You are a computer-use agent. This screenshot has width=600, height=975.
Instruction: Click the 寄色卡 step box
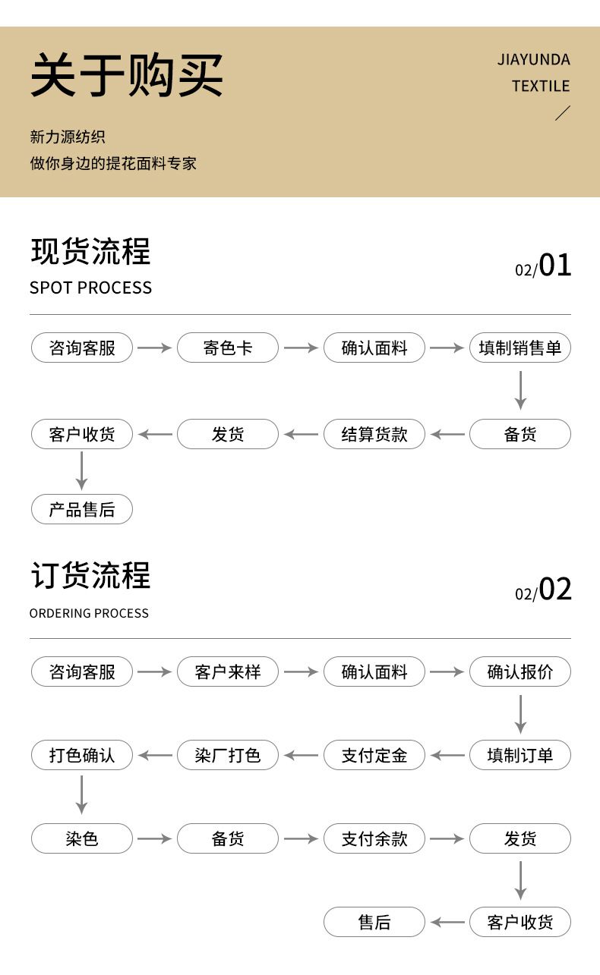point(228,348)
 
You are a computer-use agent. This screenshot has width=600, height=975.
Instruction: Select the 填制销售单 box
point(520,348)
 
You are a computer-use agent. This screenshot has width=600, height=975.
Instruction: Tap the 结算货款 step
point(374,435)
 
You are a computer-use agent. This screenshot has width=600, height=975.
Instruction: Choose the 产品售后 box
point(82,510)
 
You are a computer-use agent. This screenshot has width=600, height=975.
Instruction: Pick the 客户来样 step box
point(228,672)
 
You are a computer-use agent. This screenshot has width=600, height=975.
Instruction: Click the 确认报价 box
point(520,672)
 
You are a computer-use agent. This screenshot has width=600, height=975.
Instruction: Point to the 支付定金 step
point(374,756)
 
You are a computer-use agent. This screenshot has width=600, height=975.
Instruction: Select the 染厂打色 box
point(228,756)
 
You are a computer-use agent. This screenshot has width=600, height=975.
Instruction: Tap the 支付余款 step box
point(374,839)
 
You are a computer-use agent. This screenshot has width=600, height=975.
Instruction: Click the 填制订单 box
point(520,756)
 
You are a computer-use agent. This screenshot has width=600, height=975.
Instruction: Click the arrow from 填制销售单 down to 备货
point(520,390)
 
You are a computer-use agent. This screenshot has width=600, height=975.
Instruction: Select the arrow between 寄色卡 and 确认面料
point(301,348)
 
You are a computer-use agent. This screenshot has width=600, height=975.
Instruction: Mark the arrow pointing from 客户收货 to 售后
point(447,923)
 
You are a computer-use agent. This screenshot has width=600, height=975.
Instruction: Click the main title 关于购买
point(127,75)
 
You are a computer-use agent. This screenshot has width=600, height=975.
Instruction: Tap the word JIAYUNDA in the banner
point(533,60)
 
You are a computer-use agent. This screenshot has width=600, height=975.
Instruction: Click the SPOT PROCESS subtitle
point(90,288)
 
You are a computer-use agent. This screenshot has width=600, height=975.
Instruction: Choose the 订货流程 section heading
point(90,576)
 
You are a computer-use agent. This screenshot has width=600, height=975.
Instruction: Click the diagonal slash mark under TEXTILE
point(562,114)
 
